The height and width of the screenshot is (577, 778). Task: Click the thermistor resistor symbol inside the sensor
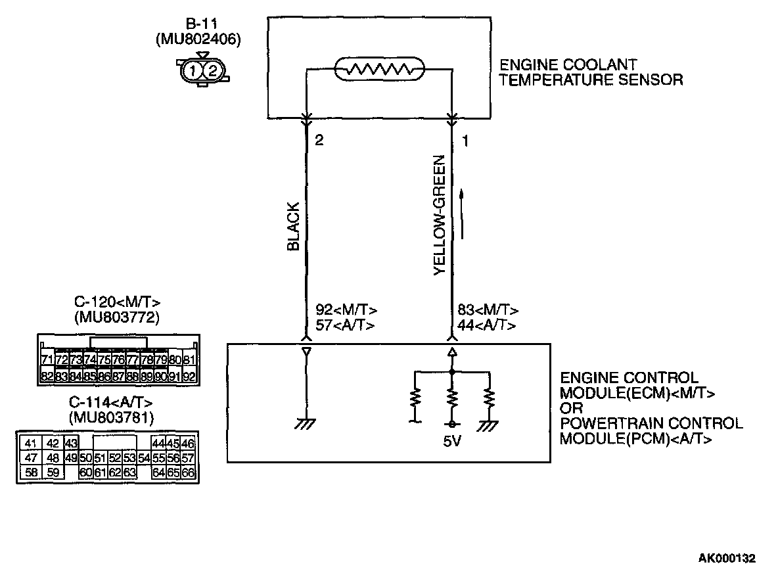coord(379,68)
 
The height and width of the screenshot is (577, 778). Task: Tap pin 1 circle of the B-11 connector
coord(191,69)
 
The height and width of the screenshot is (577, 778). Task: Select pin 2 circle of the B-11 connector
coord(212,69)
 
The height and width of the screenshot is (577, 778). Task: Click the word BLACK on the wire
coord(294,226)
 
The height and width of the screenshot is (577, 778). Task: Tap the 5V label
coord(453,441)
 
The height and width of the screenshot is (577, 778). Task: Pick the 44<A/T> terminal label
coord(486,325)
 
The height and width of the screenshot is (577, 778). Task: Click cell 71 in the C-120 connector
coord(47,360)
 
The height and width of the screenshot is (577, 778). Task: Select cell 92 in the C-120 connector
coord(189,377)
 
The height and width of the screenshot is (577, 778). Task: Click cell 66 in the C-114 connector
coord(188,472)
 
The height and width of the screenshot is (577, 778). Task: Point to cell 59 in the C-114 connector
coord(53,472)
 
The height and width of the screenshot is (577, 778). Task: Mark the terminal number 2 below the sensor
coord(320,141)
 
